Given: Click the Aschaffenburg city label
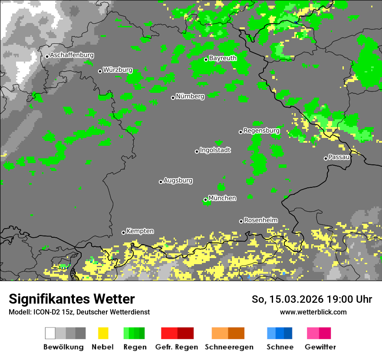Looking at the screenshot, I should [x=72, y=56].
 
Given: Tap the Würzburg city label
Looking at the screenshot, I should [x=118, y=70].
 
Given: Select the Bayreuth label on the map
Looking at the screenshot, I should [x=223, y=58].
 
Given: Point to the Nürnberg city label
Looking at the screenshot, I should [x=190, y=97].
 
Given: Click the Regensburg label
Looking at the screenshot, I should [x=261, y=131].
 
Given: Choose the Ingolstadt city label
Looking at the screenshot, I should [x=215, y=151].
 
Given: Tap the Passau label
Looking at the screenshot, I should [x=339, y=157].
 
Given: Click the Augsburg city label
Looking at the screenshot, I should [x=178, y=181].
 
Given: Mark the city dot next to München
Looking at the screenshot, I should [x=206, y=200].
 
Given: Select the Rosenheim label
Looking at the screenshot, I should [x=260, y=220].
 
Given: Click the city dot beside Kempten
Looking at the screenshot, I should [x=123, y=232].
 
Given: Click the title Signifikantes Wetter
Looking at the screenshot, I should [x=72, y=299].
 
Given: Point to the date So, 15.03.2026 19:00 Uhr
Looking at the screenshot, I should [x=312, y=299].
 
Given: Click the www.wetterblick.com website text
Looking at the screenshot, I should [x=313, y=312].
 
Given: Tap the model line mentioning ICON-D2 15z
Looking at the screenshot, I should [x=79, y=312].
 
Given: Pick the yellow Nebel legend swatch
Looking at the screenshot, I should [x=103, y=333].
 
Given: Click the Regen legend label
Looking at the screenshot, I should [x=134, y=347].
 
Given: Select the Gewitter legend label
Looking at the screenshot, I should [x=320, y=347].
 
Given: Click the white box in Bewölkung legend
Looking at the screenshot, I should [x=50, y=333].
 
